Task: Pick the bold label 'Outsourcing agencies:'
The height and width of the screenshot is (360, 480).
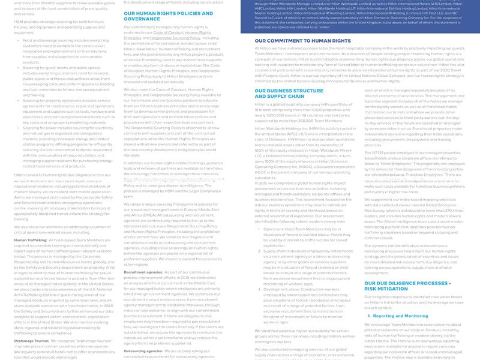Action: point(143,351)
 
